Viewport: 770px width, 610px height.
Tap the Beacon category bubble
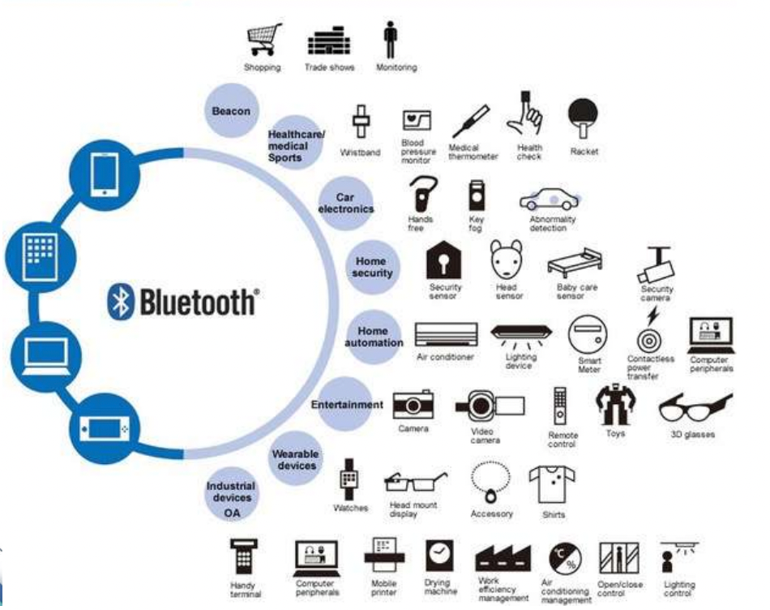pyautogui.click(x=231, y=110)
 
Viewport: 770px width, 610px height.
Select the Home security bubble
pyautogui.click(x=371, y=267)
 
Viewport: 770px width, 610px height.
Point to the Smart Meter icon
pyautogui.click(x=588, y=334)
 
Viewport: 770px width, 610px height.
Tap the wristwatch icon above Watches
pyautogui.click(x=350, y=479)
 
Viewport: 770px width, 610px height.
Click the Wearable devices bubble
pyautogui.click(x=296, y=460)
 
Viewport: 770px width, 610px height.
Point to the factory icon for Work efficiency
pyautogui.click(x=502, y=557)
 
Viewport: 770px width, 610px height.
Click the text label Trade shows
pyautogui.click(x=329, y=68)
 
